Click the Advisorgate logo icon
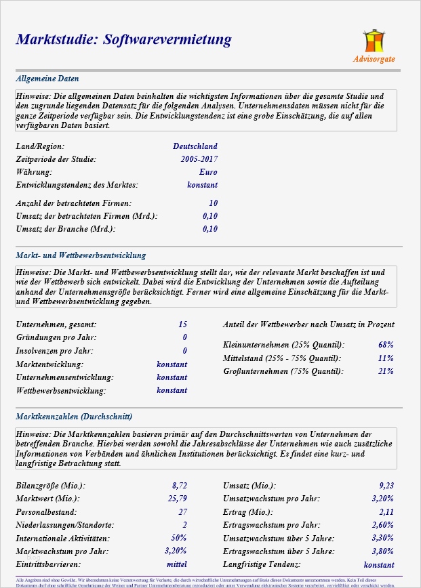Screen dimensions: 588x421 [374, 41]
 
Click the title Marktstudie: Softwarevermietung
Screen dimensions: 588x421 [123, 40]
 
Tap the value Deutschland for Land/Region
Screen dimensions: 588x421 [195, 146]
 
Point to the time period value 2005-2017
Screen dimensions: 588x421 [199, 159]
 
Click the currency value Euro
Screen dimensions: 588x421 [209, 172]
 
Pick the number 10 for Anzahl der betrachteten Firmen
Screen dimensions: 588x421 [213, 203]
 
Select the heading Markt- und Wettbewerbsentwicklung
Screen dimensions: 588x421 [81, 256]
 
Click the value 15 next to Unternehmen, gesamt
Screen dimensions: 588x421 [182, 325]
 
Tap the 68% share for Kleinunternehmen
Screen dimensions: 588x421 [386, 345]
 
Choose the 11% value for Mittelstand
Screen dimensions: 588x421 [386, 358]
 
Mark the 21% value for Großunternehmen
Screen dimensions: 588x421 [386, 371]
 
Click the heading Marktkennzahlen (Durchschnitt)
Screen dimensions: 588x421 [74, 417]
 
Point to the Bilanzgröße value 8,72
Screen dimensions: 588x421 [179, 486]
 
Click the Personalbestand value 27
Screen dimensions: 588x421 [182, 512]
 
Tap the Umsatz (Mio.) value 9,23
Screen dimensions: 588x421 [386, 486]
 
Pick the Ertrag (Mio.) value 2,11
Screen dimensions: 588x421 [386, 512]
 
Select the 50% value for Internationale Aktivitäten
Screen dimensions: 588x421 [179, 538]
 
